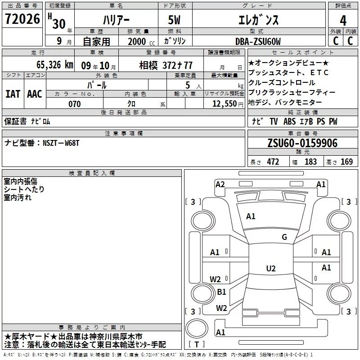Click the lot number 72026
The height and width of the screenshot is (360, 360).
[x=22, y=19]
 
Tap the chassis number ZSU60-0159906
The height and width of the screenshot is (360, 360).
[x=302, y=144]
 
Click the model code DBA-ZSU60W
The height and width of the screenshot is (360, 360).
[x=258, y=42]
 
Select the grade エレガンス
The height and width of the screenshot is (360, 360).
[x=258, y=20]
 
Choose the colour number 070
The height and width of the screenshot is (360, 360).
[x=74, y=104]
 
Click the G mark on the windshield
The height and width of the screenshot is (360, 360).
[x=284, y=237]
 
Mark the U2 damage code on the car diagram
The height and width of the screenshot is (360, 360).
[x=270, y=269]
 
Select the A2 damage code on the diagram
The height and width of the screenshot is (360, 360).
[x=220, y=184]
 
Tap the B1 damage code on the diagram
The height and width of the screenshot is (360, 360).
[x=221, y=292]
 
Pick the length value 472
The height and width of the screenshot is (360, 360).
[x=273, y=162]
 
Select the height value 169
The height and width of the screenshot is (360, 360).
[x=346, y=162]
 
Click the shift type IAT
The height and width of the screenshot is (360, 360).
[x=13, y=94]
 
